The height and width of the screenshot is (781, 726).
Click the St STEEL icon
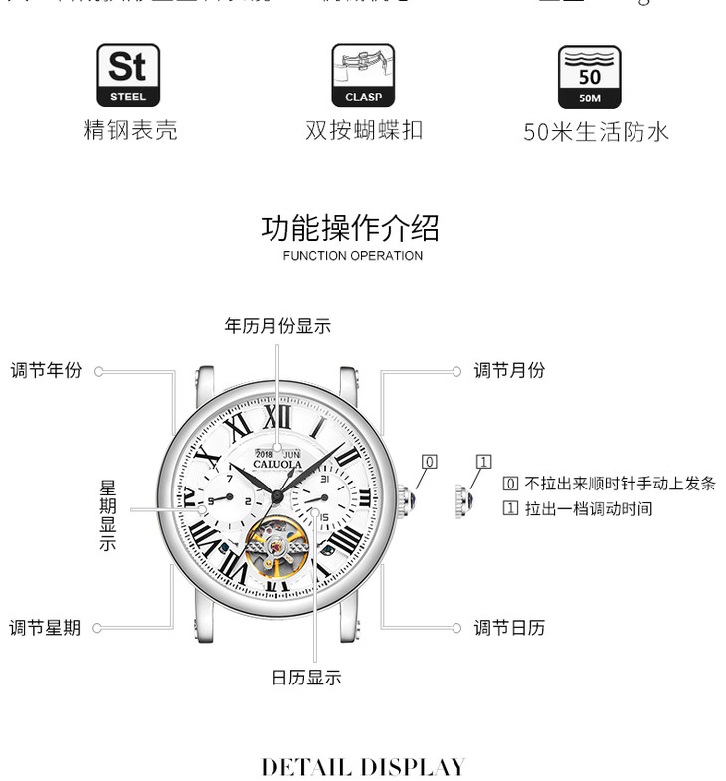[x=127, y=75]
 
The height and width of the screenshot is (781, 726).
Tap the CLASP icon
[x=363, y=75]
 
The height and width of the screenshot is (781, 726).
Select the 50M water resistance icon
[x=589, y=76]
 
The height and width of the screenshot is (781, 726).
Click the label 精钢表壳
[x=129, y=130]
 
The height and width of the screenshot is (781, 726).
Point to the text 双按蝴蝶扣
[x=364, y=130]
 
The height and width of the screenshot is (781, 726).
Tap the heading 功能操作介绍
[x=350, y=228]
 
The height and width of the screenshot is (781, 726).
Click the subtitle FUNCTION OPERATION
[x=352, y=256]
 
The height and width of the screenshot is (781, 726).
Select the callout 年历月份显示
[x=277, y=326]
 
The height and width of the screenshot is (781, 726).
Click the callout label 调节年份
[x=46, y=371]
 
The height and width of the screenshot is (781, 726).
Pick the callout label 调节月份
[x=509, y=371]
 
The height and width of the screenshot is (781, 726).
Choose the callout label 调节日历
[x=509, y=628]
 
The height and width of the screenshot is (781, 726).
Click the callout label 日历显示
[x=306, y=678]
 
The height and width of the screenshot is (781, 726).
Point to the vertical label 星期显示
[x=108, y=515]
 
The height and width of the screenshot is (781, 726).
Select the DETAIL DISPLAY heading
[x=363, y=766]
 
